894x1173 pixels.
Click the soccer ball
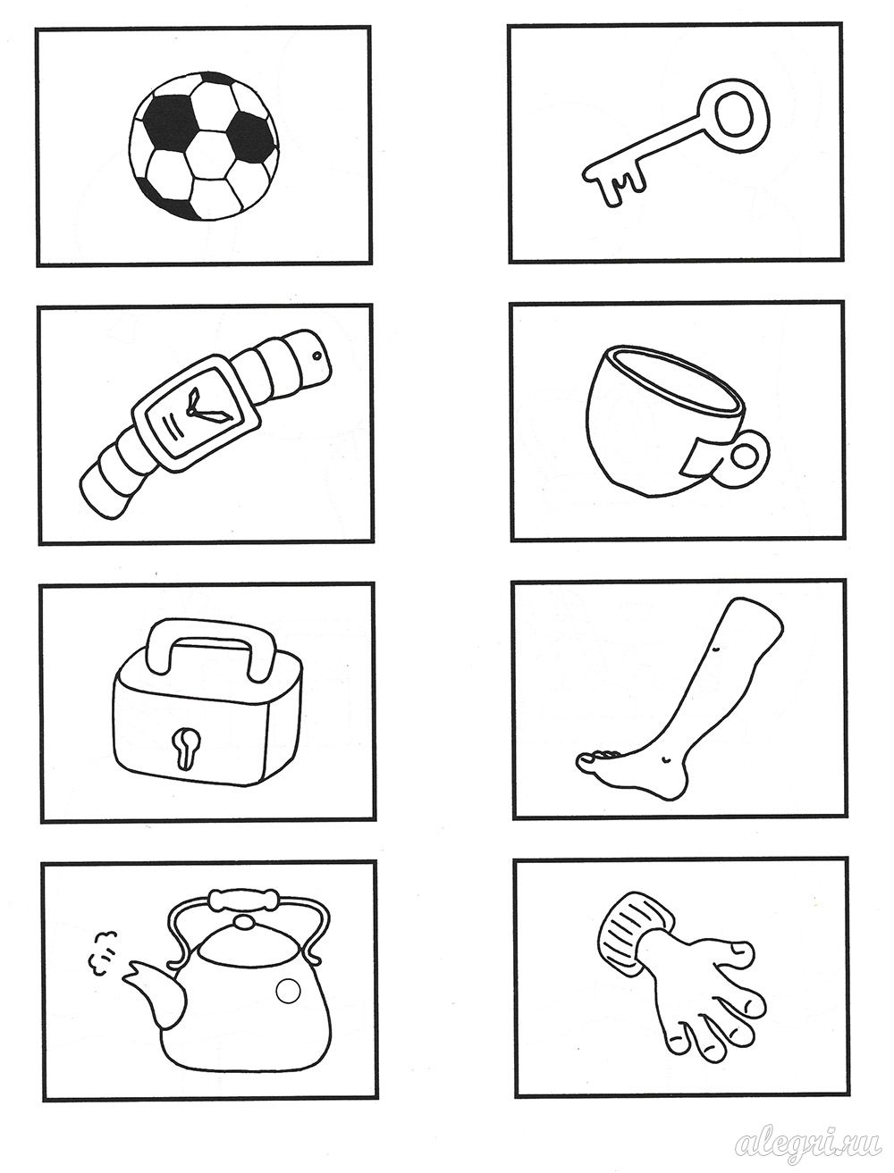[204, 146]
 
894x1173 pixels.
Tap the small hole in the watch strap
[317, 355]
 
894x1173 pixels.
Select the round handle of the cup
[745, 457]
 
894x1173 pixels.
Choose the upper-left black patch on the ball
[168, 121]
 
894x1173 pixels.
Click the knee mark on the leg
[716, 649]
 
